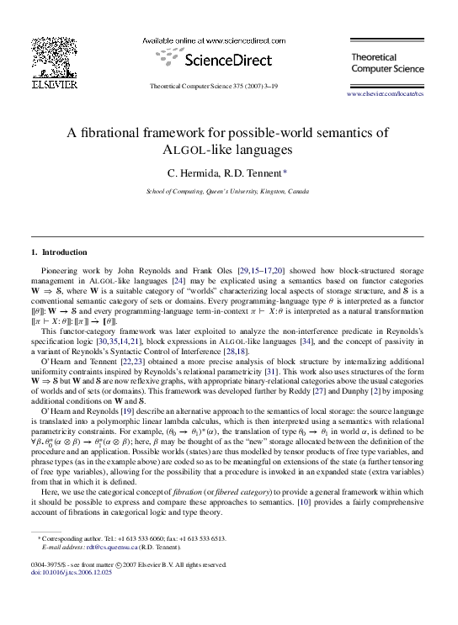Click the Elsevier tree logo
coord(52,56)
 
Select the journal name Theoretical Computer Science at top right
coord(381,61)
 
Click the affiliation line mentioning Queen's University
coord(227,191)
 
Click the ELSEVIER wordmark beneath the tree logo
coord(52,84)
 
